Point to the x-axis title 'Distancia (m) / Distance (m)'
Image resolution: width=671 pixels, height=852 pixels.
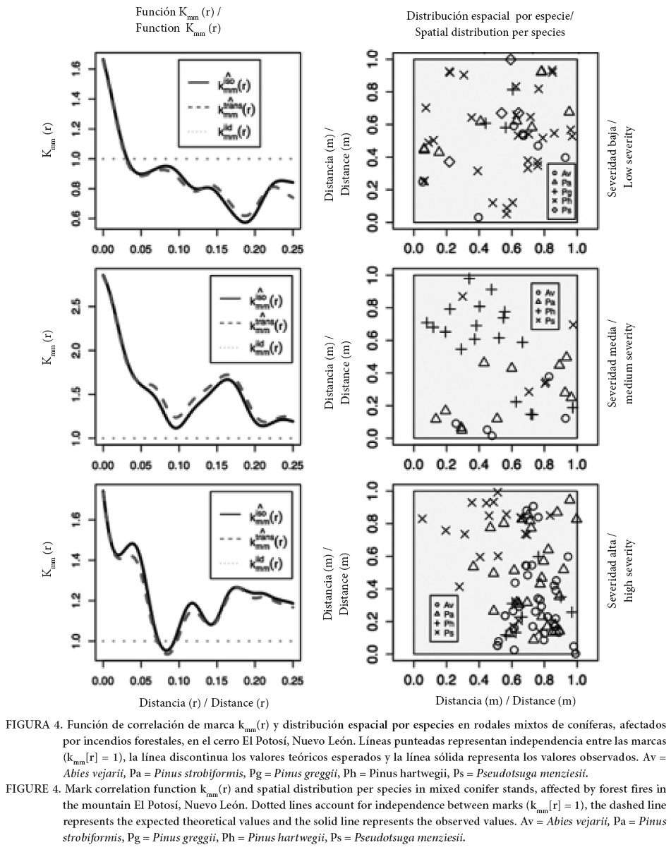[x=505, y=700]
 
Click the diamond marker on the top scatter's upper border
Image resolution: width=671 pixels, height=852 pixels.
[x=510, y=60]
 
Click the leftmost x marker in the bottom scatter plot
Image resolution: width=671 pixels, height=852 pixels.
[x=422, y=518]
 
